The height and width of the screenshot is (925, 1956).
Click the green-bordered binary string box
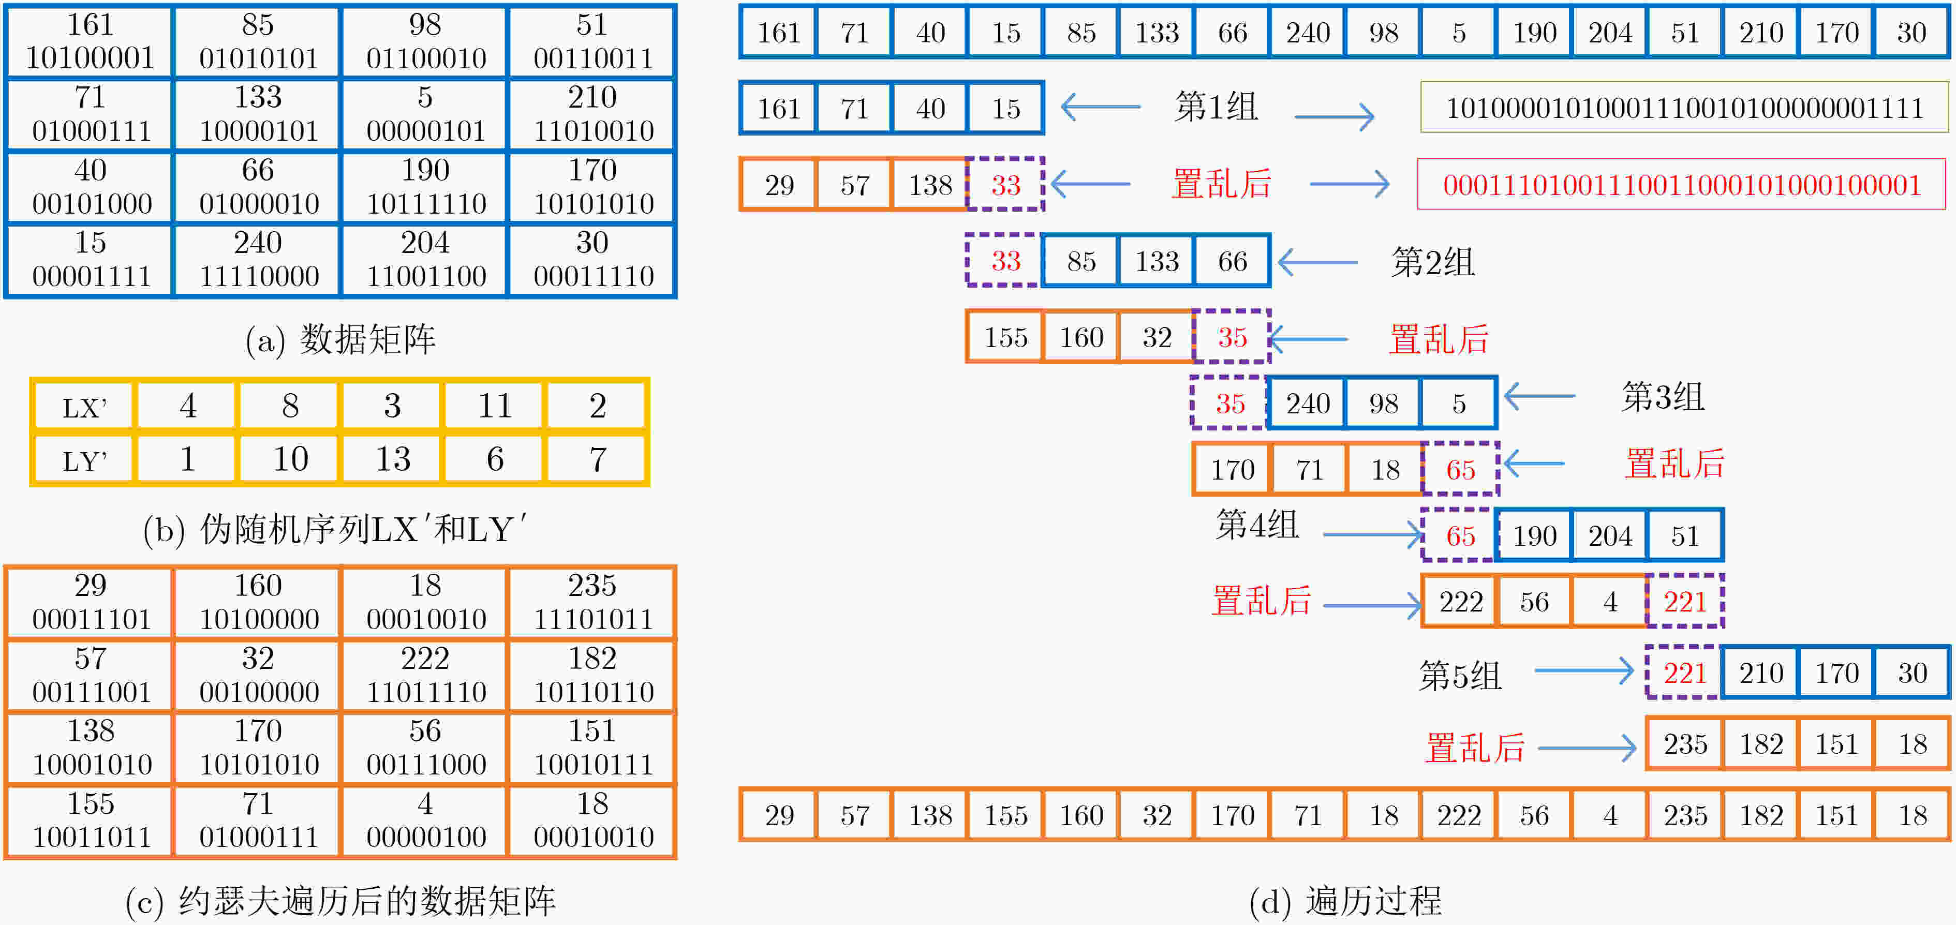point(1684,107)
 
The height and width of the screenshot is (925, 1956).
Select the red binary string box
point(1681,184)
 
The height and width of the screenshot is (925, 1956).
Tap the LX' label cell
point(83,406)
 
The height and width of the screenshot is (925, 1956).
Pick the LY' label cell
point(83,459)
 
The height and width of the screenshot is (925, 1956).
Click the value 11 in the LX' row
point(494,406)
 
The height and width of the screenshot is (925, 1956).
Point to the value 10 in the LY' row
point(290,459)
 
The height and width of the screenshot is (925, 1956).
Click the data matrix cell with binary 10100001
point(90,41)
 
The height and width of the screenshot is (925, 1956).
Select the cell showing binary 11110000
point(258,260)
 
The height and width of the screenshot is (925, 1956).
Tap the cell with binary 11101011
point(592,602)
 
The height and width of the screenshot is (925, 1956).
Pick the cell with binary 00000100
point(425,820)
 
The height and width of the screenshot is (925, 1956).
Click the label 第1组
point(1216,107)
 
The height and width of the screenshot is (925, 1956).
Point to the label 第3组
point(1663,396)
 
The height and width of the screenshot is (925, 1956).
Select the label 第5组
point(1460,675)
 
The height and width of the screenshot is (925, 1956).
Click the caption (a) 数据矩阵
point(340,339)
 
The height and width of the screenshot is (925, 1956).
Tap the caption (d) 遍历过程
point(1345,901)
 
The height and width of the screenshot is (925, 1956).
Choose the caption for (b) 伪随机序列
point(335,529)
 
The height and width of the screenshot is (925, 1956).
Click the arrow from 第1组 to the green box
point(1334,117)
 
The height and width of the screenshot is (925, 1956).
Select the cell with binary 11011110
point(425,675)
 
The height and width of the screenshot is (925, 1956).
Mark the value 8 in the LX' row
point(290,406)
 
